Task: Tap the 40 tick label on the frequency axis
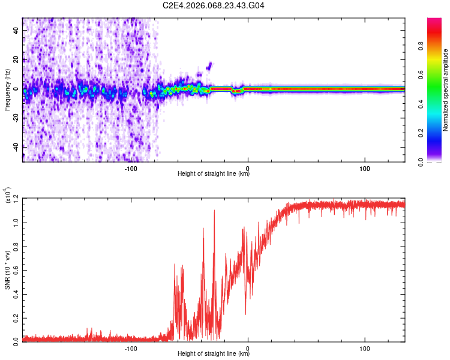16,30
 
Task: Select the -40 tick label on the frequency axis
15,147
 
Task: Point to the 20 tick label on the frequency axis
16,59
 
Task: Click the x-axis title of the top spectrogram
214,174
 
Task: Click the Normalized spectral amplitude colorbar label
446,90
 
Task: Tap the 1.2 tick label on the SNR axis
16,199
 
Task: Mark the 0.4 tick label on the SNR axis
16,293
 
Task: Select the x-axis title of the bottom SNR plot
214,354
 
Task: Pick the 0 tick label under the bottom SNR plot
248,349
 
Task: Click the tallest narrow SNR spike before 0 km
214,211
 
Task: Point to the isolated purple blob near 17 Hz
209,65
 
